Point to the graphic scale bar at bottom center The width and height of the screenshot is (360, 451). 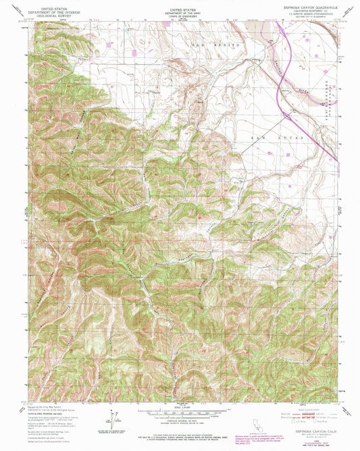click(180, 411)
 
